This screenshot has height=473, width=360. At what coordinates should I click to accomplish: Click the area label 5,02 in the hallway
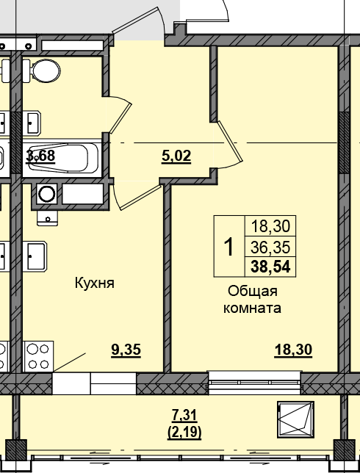(x=176, y=155)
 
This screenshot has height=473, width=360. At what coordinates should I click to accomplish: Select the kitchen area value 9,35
(x=126, y=350)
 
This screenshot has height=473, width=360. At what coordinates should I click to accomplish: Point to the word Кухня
(x=94, y=283)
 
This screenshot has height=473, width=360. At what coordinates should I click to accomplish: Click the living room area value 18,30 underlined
(x=293, y=350)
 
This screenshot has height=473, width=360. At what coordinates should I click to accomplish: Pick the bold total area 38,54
(x=270, y=265)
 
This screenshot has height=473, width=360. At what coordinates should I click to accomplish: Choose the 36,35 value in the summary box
(x=270, y=246)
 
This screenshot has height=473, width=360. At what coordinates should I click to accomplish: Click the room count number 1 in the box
(x=228, y=246)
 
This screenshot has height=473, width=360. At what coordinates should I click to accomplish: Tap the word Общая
(x=252, y=291)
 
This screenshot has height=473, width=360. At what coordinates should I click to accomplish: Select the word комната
(x=252, y=308)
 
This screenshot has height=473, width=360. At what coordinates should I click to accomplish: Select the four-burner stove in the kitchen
(x=37, y=356)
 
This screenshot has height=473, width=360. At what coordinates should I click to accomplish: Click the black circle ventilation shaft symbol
(x=46, y=194)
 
